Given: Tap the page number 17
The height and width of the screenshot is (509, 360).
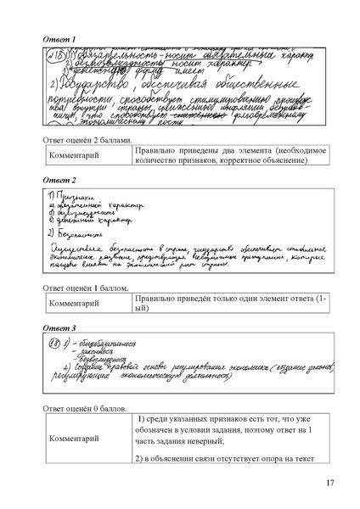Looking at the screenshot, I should [329, 484].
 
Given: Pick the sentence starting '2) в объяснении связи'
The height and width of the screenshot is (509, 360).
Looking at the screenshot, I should [222, 458].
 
